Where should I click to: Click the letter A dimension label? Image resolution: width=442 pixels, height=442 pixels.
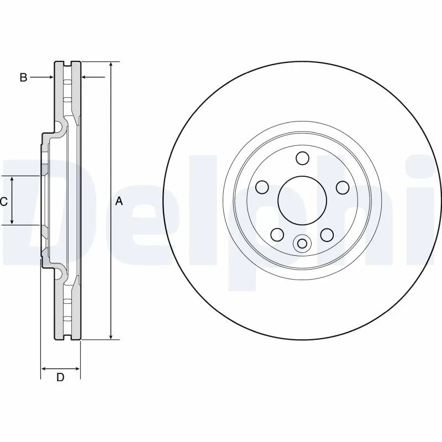(118, 202)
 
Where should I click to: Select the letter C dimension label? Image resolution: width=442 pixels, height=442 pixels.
(3, 202)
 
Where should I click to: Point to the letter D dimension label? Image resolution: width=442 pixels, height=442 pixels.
(61, 378)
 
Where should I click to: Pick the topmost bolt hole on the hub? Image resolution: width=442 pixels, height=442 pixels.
(302, 159)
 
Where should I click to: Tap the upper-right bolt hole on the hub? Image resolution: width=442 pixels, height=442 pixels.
(341, 187)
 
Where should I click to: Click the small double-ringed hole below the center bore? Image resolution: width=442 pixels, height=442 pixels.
(302, 243)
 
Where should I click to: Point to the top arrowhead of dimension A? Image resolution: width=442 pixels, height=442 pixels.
(112, 66)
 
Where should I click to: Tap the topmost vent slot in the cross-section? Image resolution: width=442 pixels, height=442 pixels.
(67, 82)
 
